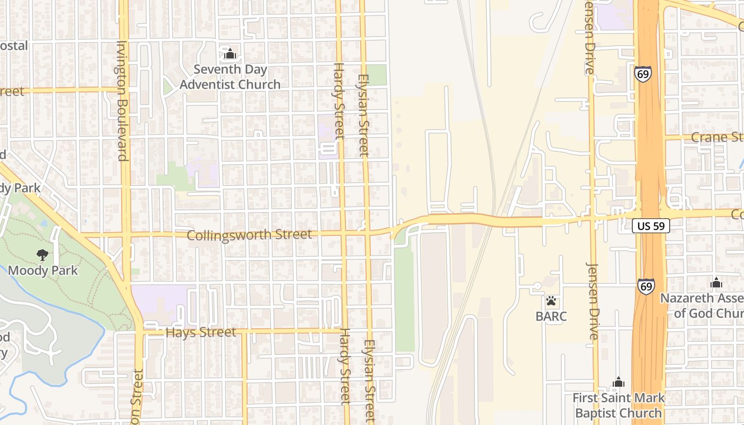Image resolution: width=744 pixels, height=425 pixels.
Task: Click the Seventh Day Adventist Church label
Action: tap(230, 77)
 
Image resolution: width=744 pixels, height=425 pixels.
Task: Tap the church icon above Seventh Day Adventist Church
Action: tap(230, 54)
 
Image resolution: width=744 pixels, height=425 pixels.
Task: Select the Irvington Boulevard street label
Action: tap(122, 100)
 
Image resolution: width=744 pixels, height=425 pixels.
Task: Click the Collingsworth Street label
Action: tap(249, 234)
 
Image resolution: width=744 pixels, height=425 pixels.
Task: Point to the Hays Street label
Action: tap(200, 333)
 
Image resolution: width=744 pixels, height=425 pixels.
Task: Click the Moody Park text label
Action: tap(43, 270)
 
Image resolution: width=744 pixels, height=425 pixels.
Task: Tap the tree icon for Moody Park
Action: tap(43, 255)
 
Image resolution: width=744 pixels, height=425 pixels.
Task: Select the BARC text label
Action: tap(552, 317)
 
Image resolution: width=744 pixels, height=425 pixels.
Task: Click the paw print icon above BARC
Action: tap(552, 301)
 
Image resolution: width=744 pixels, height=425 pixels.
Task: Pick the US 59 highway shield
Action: tap(651, 226)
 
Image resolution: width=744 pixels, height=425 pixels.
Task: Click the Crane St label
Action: tap(717, 138)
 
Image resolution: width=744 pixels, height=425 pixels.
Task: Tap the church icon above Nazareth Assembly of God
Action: tap(716, 282)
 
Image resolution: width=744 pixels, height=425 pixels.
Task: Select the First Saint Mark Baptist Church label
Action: tap(618, 405)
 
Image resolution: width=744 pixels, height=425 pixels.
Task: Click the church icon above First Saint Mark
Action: tap(618, 382)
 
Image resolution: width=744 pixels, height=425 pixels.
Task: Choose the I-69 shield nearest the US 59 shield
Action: tap(646, 286)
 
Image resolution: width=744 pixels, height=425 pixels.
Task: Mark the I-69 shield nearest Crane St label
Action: tap(642, 74)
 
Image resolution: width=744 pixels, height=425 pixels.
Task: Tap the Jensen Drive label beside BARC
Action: tap(593, 301)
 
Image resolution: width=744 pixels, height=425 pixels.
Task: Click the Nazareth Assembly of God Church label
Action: tap(701, 305)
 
